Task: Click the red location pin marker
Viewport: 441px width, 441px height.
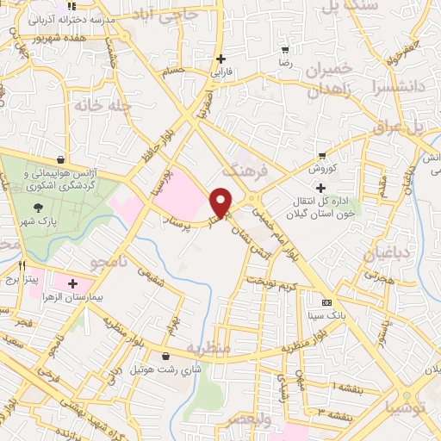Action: point(222,202)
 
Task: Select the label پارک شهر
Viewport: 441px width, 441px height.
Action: point(39,222)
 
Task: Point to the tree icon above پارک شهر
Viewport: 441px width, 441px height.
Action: point(39,207)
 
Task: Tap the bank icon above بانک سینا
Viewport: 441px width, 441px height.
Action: point(326,303)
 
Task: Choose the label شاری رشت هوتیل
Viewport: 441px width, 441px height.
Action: point(165,369)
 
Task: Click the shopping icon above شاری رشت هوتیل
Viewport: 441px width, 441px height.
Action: point(165,355)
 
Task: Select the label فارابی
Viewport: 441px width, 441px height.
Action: point(222,72)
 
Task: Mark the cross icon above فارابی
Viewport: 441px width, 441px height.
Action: point(222,59)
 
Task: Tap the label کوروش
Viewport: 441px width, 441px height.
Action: point(321,170)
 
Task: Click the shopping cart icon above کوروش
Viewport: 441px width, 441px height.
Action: point(321,156)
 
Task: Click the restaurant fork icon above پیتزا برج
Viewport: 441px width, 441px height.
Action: point(22,265)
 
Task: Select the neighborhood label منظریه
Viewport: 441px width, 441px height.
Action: point(231,351)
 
